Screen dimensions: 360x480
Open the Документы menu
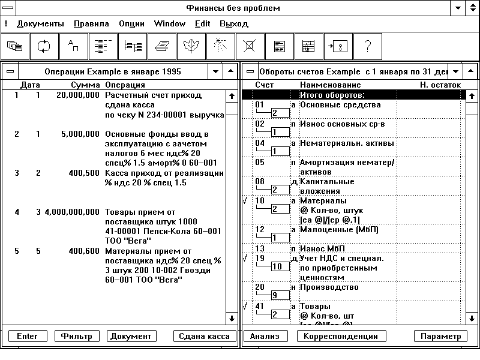[x=40, y=24]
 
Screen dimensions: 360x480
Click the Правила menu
[x=91, y=24]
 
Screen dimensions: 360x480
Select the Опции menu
[x=131, y=24]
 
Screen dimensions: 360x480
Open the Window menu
[x=169, y=24]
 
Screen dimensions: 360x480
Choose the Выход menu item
[x=233, y=24]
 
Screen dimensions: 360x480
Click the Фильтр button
[x=77, y=336]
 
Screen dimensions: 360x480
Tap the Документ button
[x=131, y=336]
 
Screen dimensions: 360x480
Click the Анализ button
[x=264, y=337]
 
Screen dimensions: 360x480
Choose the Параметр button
[x=440, y=337]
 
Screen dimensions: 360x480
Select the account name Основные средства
[x=340, y=104]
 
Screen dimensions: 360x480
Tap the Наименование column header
[x=330, y=85]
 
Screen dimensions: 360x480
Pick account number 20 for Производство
[x=260, y=287]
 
